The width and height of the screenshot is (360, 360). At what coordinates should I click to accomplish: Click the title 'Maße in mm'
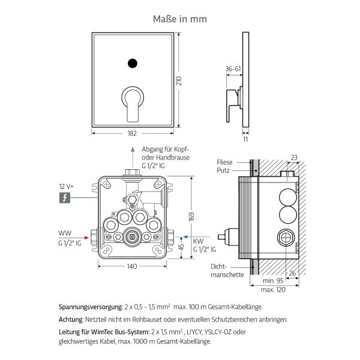(179, 19)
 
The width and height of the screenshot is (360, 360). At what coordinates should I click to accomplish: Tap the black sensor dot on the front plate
(132, 62)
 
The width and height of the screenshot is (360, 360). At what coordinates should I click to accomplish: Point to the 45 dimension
(182, 247)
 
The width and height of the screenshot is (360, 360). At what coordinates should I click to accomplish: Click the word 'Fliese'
(226, 162)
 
